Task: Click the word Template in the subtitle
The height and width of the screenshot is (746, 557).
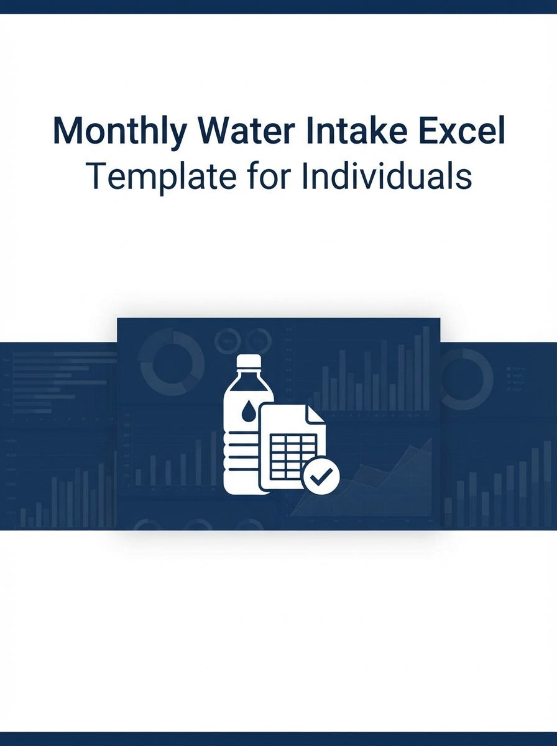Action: pyautogui.click(x=155, y=177)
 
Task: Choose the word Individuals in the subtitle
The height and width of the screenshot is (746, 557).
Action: pyautogui.click(x=386, y=177)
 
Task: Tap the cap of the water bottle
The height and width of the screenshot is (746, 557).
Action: pyautogui.click(x=249, y=362)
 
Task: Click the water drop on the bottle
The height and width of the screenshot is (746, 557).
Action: pyautogui.click(x=248, y=410)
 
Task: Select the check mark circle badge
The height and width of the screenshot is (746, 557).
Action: pyautogui.click(x=321, y=476)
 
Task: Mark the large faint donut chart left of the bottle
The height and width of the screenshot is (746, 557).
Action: pyautogui.click(x=172, y=363)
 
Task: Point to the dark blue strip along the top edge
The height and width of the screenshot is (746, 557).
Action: pyautogui.click(x=278, y=6)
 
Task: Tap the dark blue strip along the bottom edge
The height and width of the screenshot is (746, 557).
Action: pyautogui.click(x=278, y=739)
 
